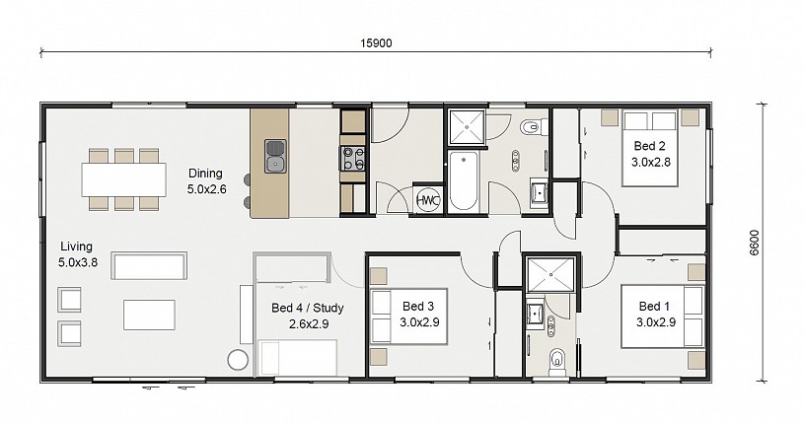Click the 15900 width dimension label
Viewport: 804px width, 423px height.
[376, 43]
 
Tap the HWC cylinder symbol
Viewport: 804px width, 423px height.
[428, 200]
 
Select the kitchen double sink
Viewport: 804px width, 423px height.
[275, 156]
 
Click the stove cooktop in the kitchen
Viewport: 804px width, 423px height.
[352, 158]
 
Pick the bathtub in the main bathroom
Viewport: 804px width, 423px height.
[463, 180]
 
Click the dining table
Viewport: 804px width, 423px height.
[123, 179]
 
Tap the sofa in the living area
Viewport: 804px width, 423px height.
[149, 265]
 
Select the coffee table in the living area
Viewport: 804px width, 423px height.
[149, 315]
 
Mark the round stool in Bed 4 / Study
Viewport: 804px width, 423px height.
[238, 360]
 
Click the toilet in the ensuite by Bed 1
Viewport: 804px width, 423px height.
[556, 360]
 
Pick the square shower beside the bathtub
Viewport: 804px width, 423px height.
[467, 126]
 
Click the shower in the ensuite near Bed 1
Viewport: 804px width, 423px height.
[550, 275]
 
